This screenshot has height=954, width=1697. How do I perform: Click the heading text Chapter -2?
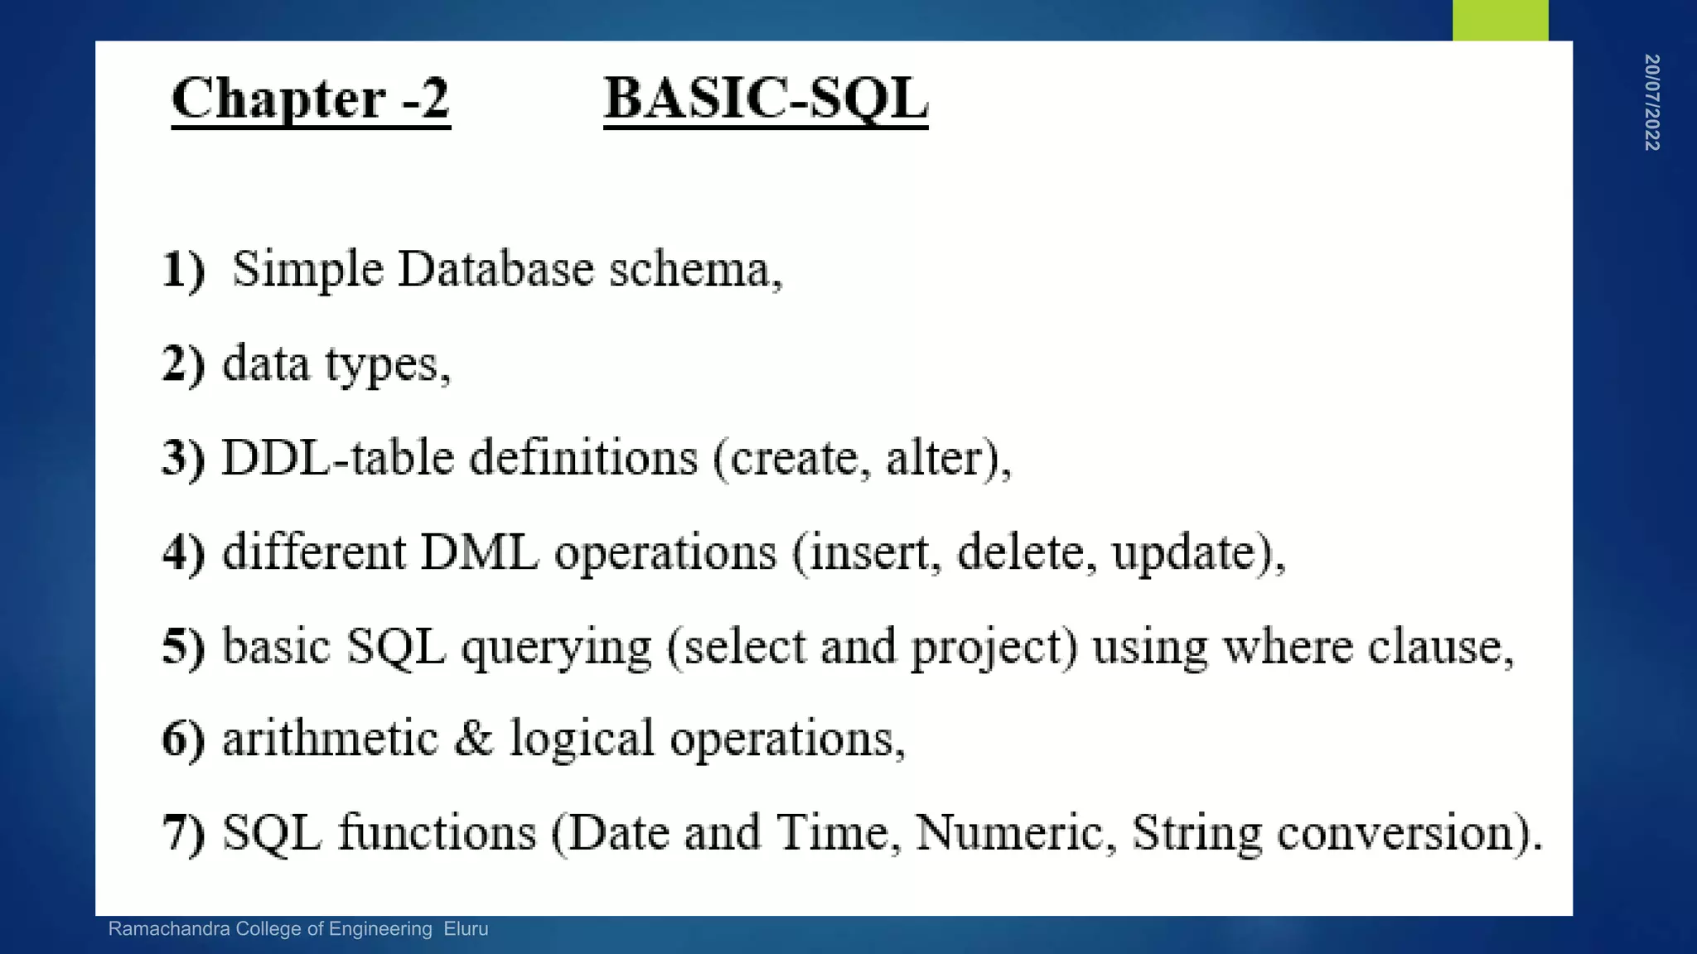click(311, 99)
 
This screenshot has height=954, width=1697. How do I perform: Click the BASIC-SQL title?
click(766, 99)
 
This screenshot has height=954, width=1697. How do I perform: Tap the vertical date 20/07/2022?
click(1651, 103)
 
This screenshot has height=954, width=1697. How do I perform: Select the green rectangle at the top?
click(1500, 20)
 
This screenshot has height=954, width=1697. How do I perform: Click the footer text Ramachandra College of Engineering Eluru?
click(298, 929)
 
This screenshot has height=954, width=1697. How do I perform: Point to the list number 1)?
click(183, 270)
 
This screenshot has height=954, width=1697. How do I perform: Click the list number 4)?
click(183, 553)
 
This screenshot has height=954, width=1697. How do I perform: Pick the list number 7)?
click(183, 833)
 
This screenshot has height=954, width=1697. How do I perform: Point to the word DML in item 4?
click(479, 553)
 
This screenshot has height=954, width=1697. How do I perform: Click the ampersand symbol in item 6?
click(473, 738)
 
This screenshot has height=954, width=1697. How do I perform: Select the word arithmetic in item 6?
click(330, 738)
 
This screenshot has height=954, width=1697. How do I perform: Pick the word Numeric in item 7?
click(1010, 833)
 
